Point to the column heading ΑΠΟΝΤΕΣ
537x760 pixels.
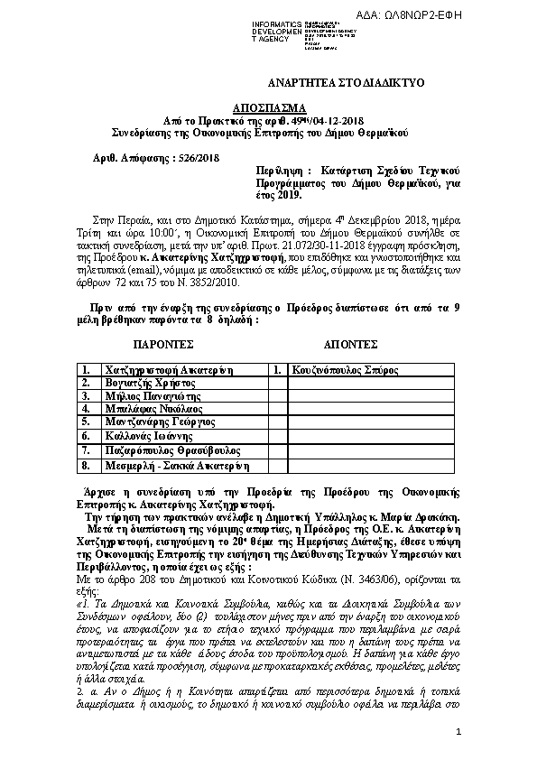coord(349,345)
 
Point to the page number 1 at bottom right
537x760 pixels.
coord(458,730)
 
